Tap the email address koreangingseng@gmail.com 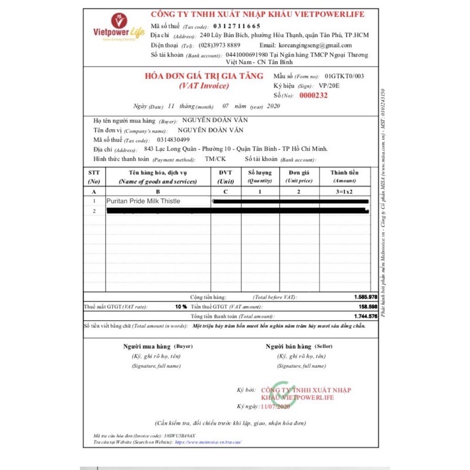[315, 45]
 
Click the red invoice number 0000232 [313, 95]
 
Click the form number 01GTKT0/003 [344, 76]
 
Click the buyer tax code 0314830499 [173, 140]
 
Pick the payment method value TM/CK [215, 159]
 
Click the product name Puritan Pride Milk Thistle [143, 201]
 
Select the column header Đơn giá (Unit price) [298, 177]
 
